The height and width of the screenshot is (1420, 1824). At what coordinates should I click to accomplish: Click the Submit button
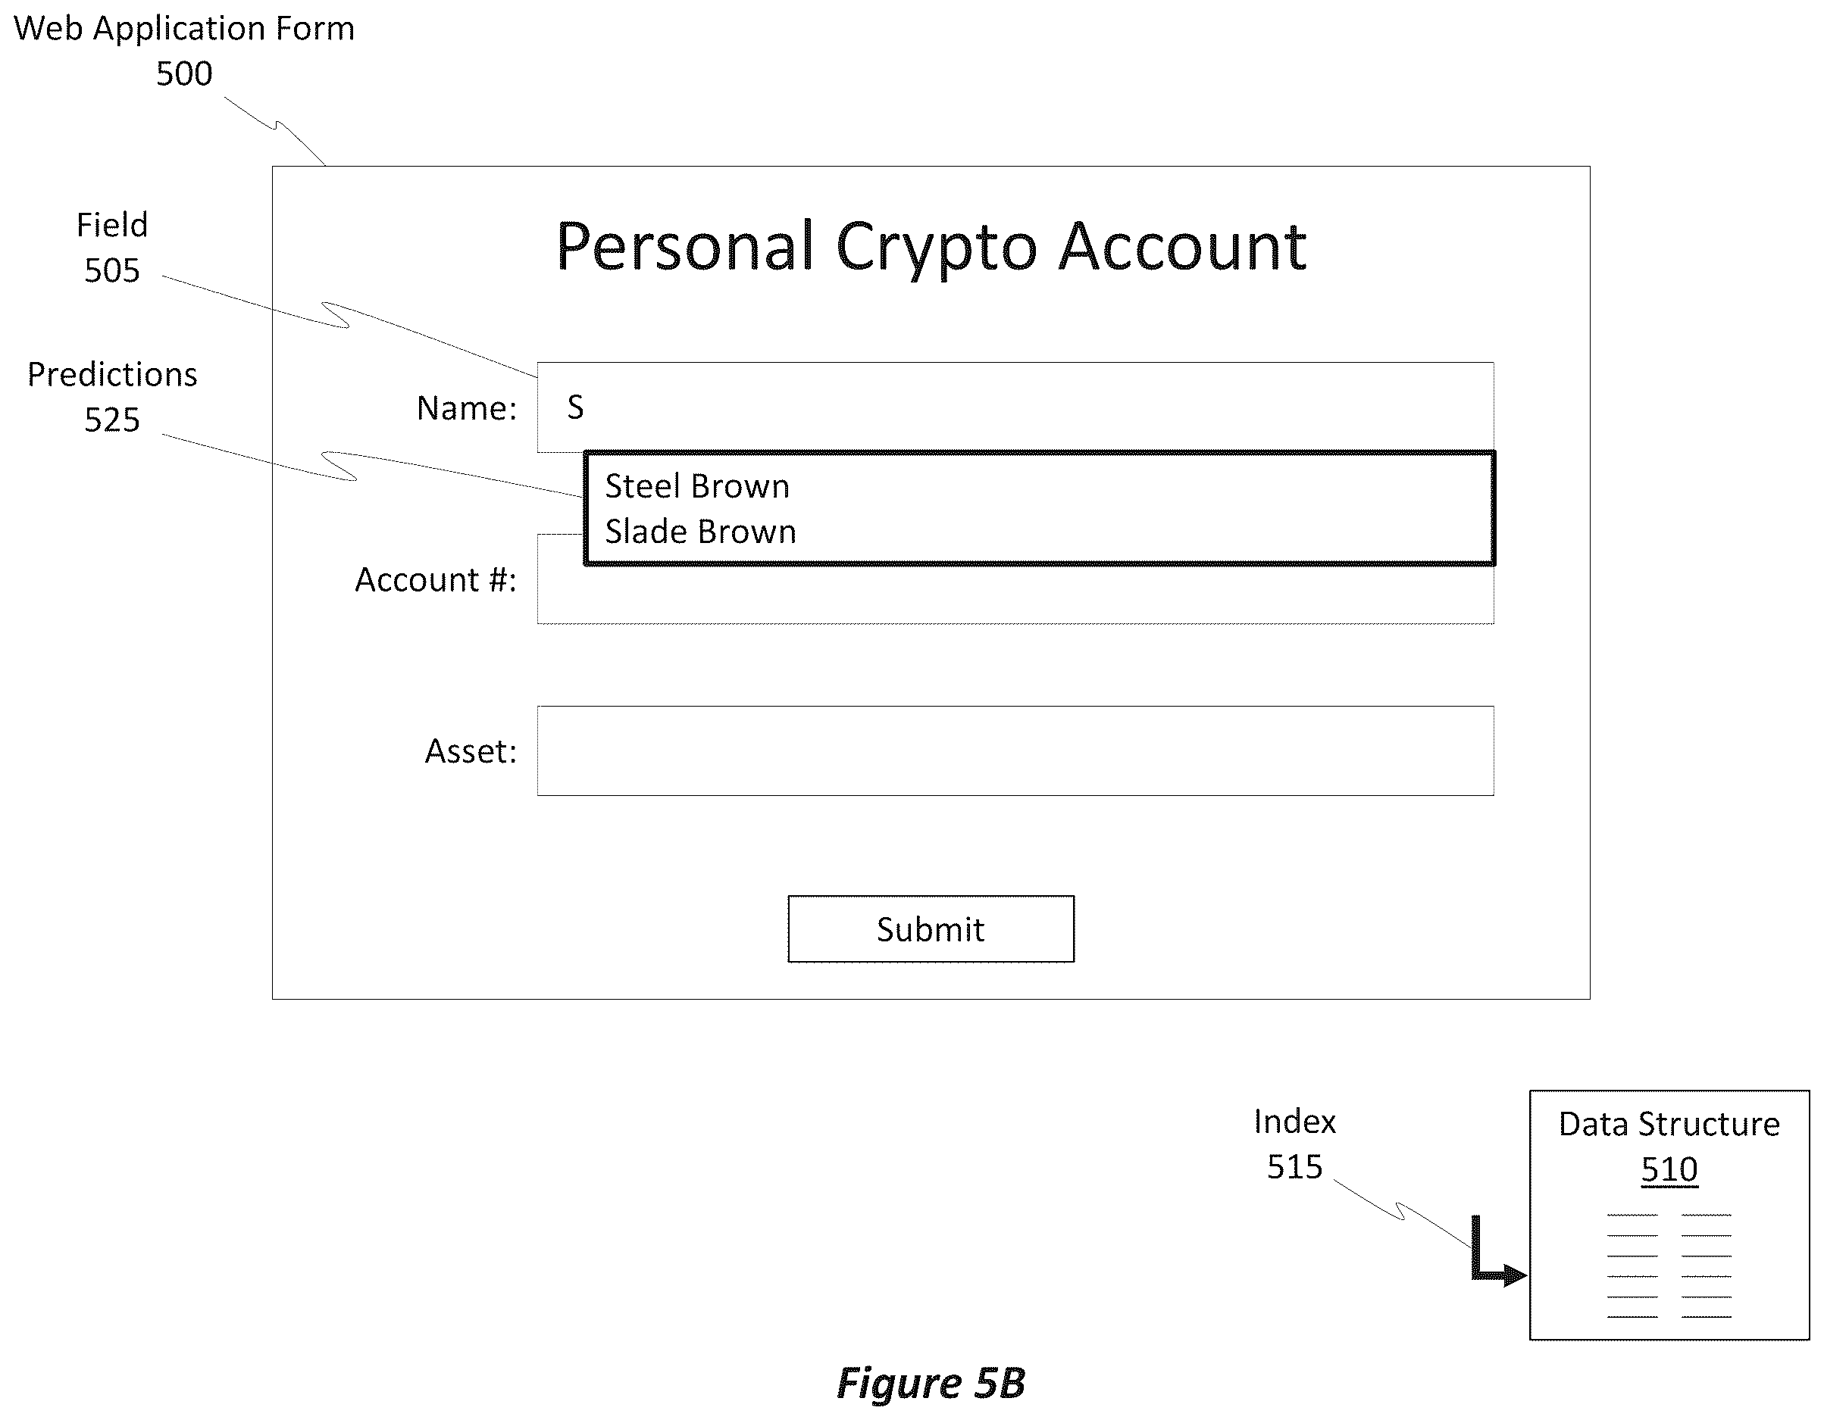point(931,929)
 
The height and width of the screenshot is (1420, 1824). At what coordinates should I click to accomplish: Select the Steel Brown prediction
point(697,486)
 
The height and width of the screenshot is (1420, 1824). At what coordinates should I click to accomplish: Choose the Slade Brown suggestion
point(701,532)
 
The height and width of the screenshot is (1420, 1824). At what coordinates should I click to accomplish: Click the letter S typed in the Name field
point(575,407)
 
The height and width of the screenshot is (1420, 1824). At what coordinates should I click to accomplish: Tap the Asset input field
point(1015,751)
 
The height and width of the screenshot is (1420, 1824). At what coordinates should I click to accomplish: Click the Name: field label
point(467,408)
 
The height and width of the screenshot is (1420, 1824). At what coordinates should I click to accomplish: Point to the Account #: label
point(436,579)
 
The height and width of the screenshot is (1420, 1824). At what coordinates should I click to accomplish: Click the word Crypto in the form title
point(936,248)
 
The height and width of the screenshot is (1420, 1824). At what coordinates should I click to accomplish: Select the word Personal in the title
point(685,246)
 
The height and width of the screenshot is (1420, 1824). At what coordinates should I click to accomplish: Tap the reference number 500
point(185,73)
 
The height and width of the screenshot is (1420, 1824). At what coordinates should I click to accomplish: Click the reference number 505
point(112,270)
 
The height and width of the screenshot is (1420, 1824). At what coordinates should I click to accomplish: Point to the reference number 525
point(112,420)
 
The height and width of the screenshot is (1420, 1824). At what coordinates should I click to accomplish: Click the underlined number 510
point(1669,1169)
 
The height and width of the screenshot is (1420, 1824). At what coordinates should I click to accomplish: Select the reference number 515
point(1294,1167)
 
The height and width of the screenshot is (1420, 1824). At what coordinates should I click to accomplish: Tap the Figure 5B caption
point(931,1383)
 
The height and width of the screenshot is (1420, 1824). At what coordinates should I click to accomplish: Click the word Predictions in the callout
point(112,375)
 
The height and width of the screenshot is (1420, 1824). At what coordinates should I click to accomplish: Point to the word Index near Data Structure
point(1294,1122)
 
